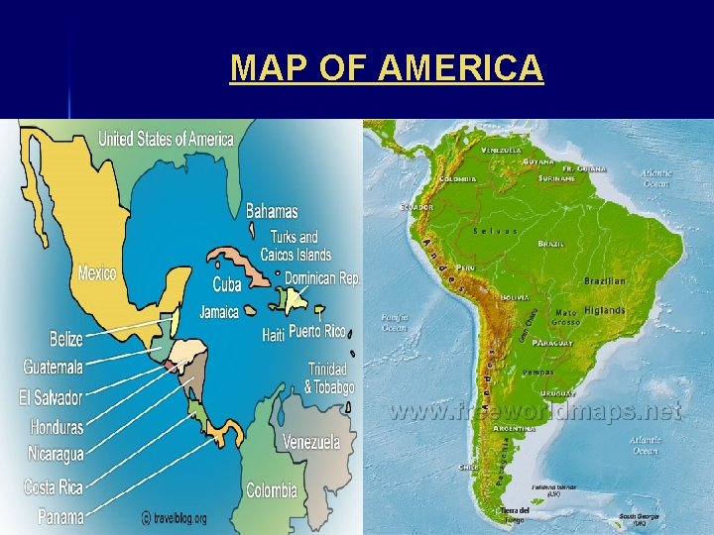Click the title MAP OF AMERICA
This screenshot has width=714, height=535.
pos(387,68)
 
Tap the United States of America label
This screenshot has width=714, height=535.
pos(166,139)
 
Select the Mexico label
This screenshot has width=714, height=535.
pos(98,272)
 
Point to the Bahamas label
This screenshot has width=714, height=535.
pos(272,211)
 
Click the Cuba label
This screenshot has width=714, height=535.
pos(227,284)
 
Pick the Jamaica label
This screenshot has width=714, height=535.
pos(219,311)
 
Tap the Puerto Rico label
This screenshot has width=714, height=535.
pos(317,331)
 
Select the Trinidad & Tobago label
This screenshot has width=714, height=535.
pos(328,377)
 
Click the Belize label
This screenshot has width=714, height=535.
pos(66,339)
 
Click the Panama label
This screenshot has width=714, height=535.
pos(60,515)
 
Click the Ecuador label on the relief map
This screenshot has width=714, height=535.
pos(416,207)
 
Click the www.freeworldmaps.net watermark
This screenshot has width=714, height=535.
pos(535,411)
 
